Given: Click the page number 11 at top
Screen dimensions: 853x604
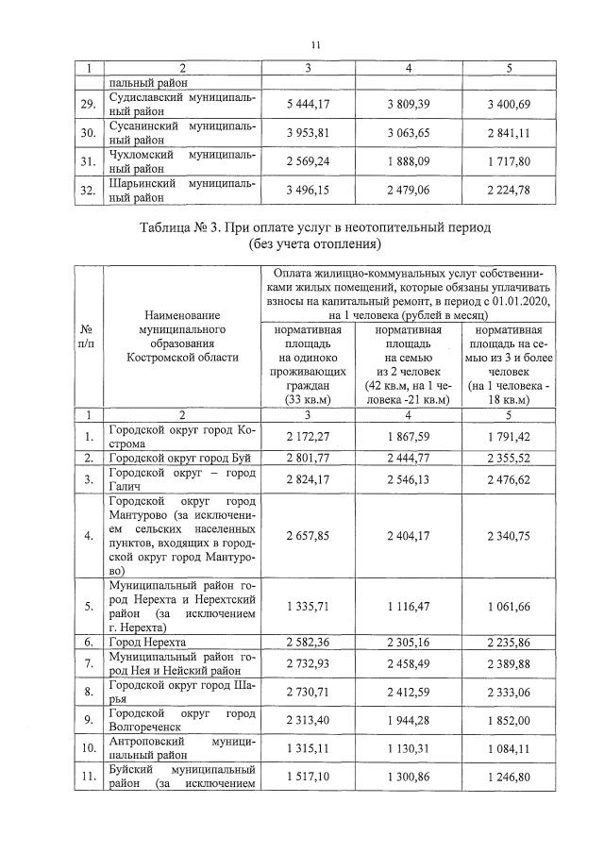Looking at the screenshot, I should (x=316, y=44).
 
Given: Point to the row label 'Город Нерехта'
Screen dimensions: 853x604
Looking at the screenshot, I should (x=146, y=642).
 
